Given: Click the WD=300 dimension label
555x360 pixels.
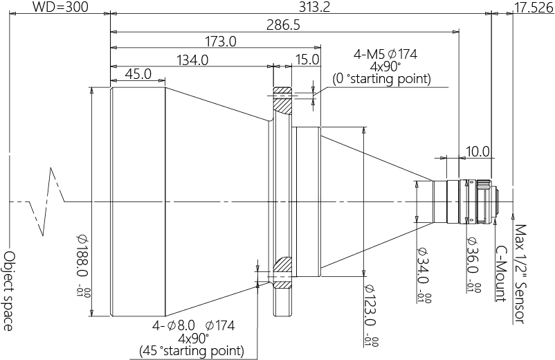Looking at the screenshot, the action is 60,6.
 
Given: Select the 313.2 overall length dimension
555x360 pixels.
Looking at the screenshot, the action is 314,6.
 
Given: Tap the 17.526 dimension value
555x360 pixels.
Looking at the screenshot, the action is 534,7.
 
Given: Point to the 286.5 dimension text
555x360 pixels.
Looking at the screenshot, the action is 283,25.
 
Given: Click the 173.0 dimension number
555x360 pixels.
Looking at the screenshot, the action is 221,42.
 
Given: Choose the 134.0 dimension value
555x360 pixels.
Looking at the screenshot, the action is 192,60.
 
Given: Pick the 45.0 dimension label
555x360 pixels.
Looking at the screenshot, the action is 138,74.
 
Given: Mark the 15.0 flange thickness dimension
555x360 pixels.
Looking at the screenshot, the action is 307,60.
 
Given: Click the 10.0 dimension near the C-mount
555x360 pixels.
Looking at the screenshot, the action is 477,152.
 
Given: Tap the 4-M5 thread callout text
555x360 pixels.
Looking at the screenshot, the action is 385,54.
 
